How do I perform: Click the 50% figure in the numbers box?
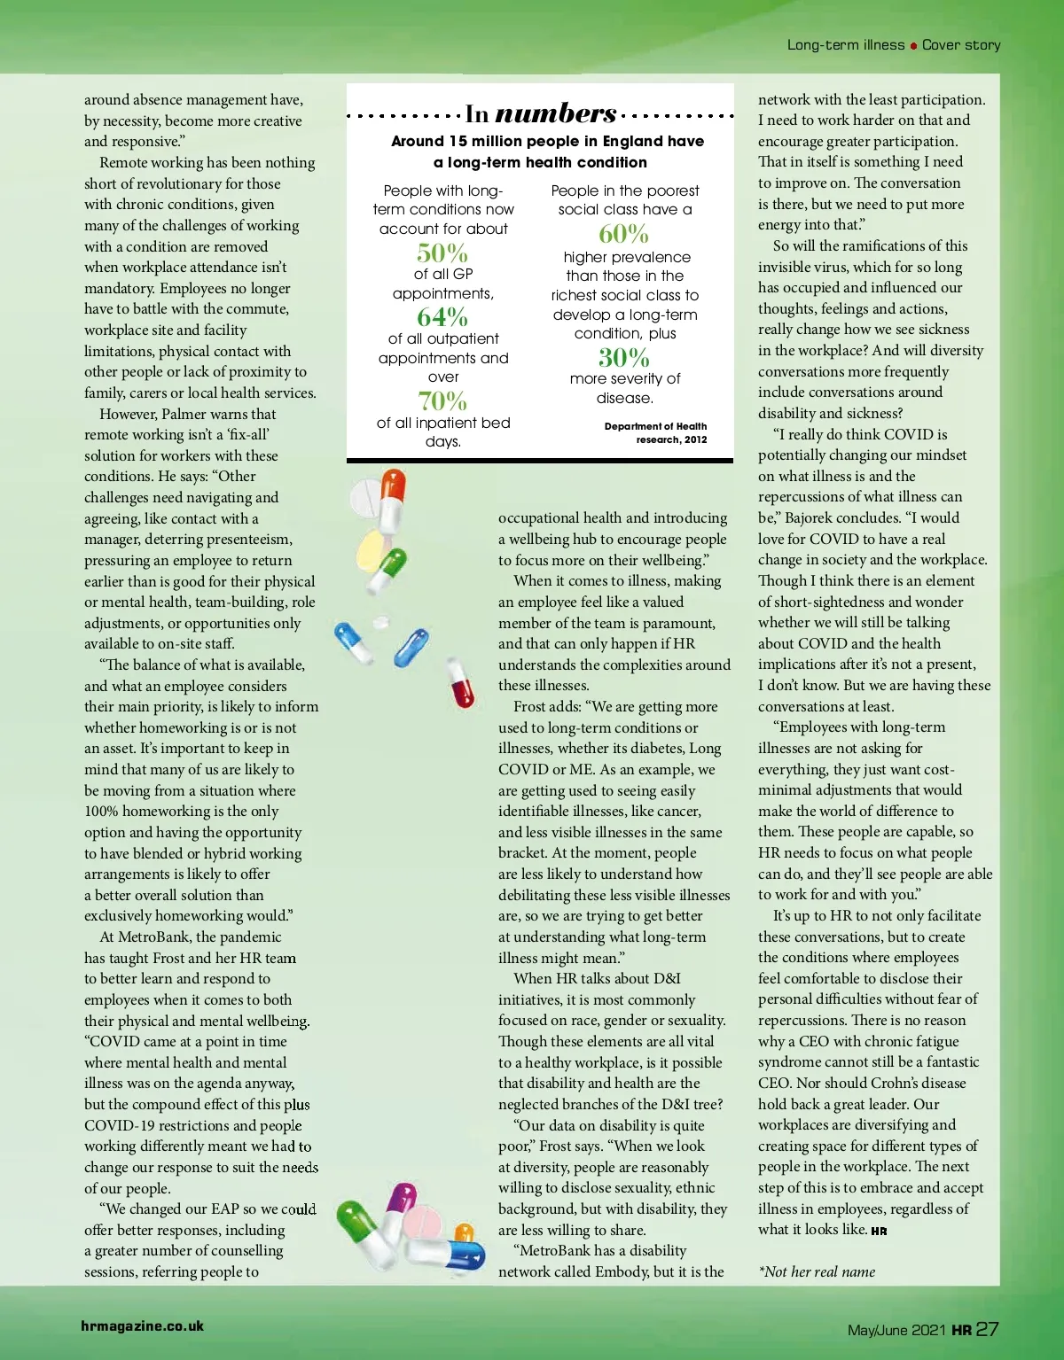(442, 253)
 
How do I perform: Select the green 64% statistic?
(442, 316)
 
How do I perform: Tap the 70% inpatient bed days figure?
(442, 400)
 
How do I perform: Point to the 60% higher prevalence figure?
(624, 234)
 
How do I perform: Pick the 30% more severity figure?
(624, 358)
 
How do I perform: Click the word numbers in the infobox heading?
(556, 113)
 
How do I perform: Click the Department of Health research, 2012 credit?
(656, 432)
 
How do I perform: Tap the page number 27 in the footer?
(987, 1329)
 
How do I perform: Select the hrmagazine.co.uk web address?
(142, 1326)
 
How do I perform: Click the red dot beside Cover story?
(913, 46)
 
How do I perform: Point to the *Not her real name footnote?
(817, 1271)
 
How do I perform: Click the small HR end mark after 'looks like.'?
(879, 1231)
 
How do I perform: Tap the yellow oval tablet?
(373, 549)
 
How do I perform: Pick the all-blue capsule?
(410, 647)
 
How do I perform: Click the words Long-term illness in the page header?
(846, 45)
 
